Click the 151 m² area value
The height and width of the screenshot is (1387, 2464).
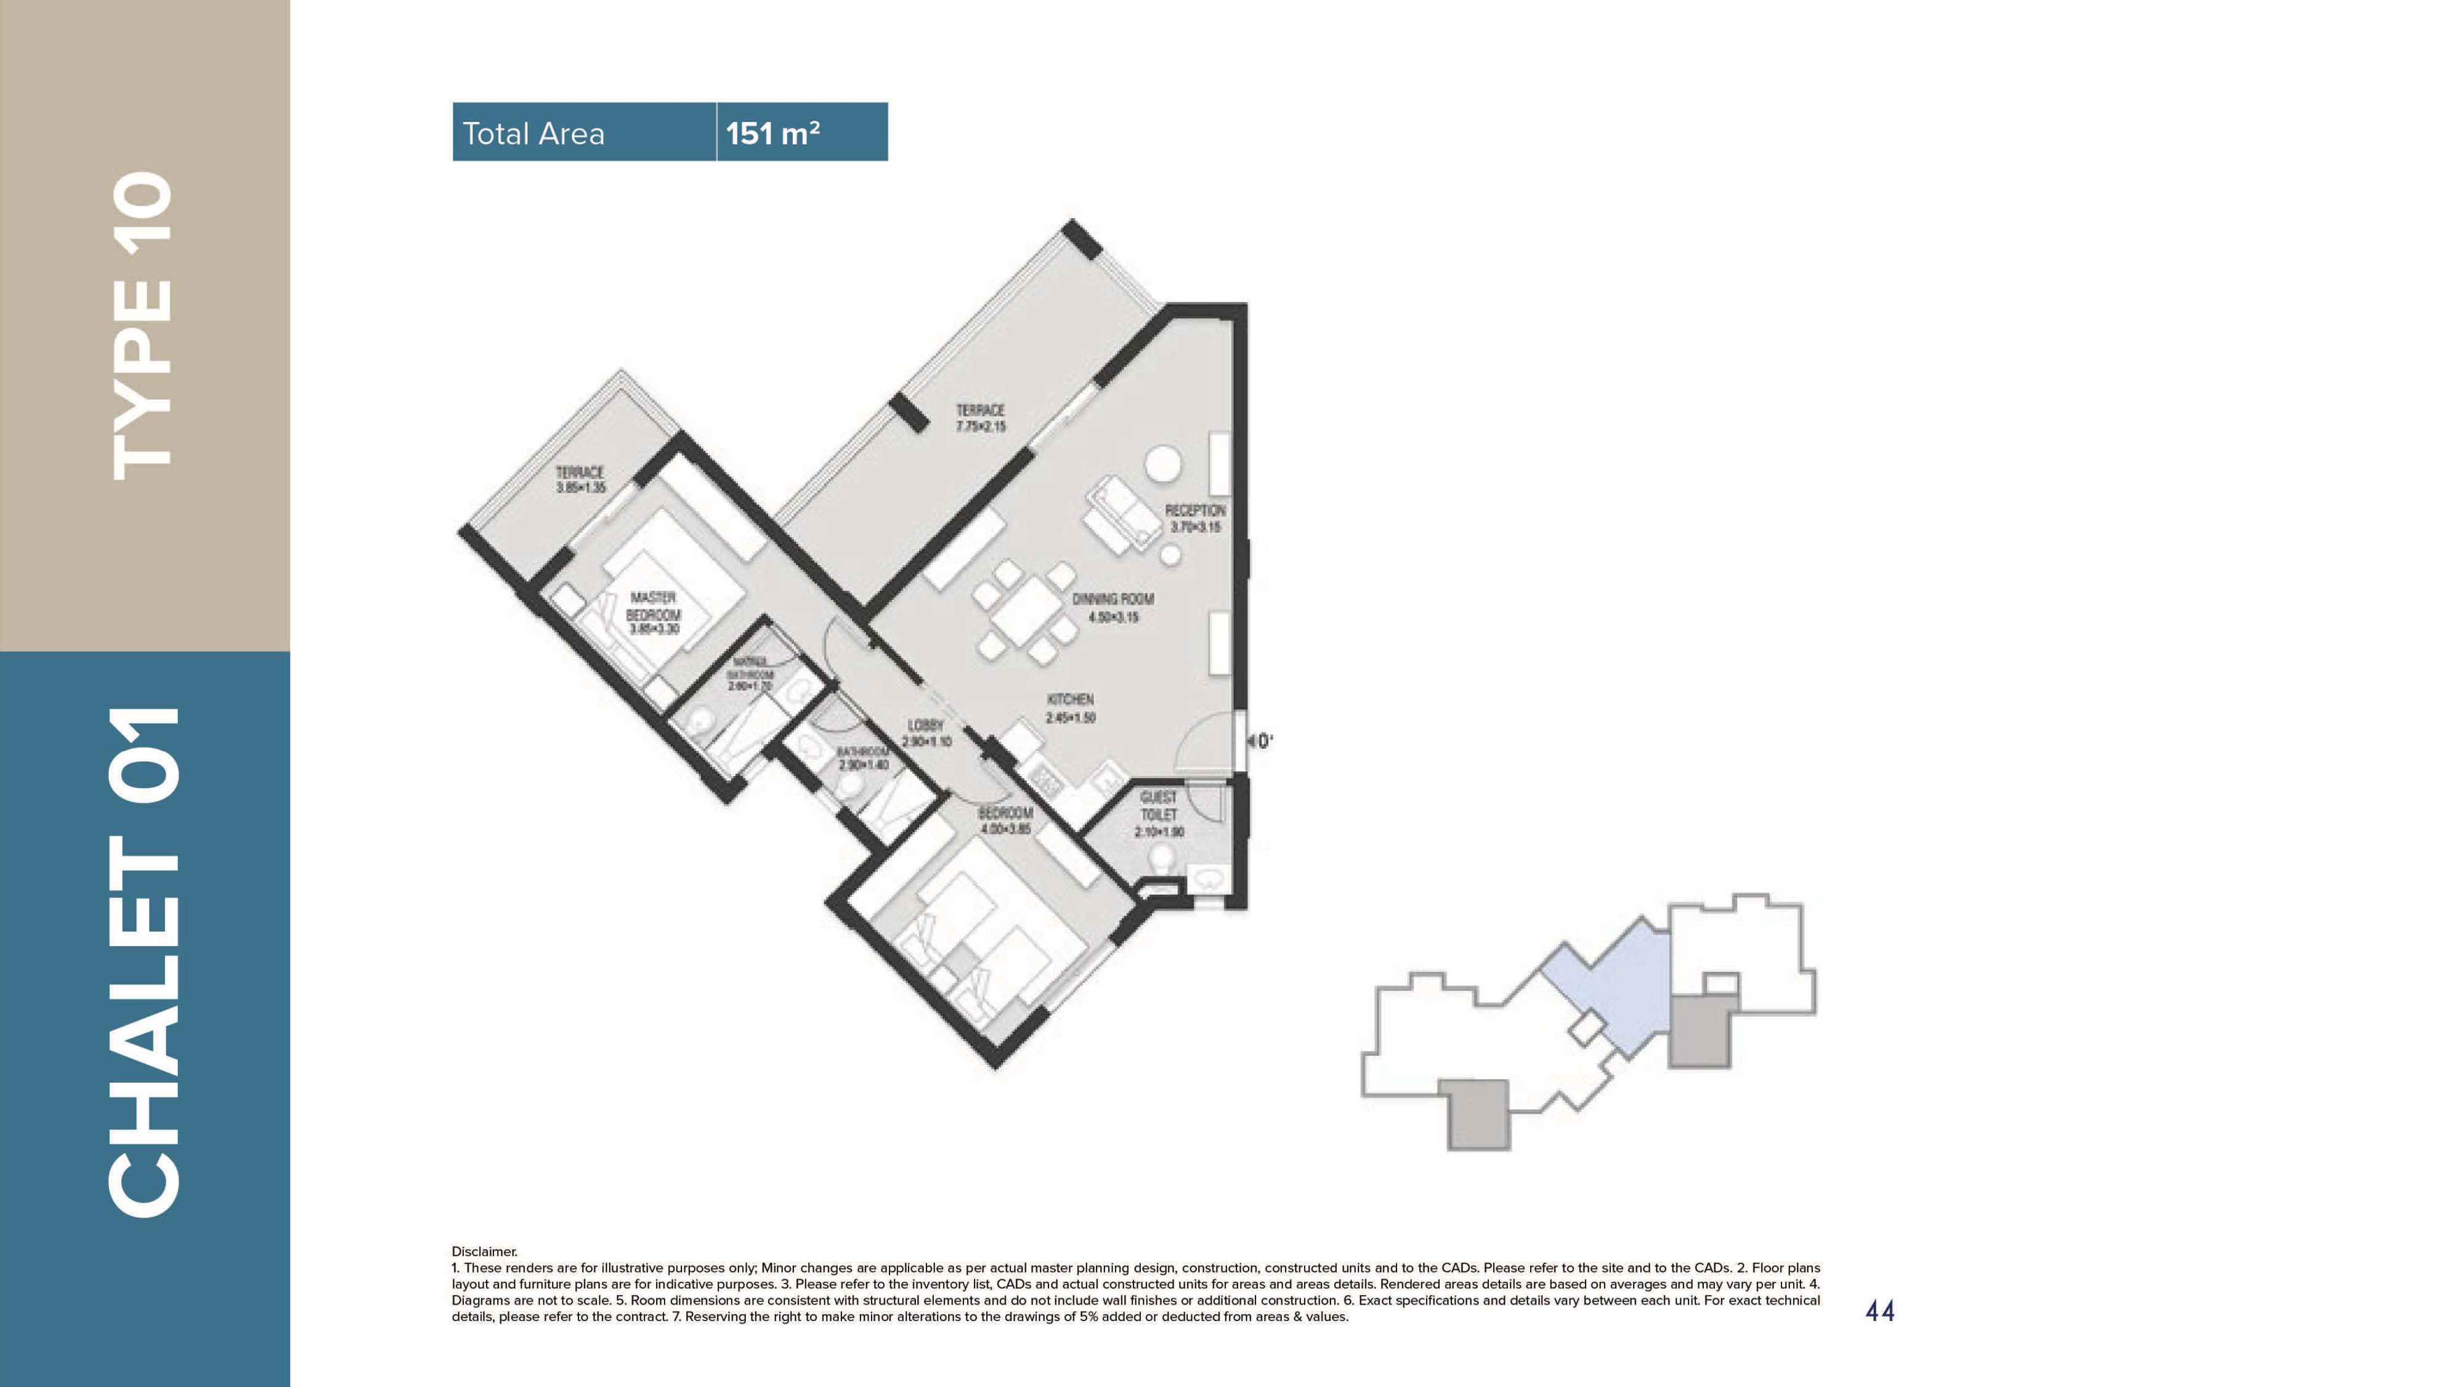[x=772, y=133]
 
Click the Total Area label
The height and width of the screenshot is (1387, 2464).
[x=533, y=133]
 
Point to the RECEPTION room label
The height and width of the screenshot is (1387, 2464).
[x=1194, y=517]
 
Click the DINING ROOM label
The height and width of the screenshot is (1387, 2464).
[x=1112, y=607]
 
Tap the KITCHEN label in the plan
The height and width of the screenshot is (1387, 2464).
[x=1069, y=708]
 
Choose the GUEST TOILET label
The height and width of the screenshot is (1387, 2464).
[x=1158, y=813]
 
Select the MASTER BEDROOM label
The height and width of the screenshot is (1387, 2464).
[x=654, y=612]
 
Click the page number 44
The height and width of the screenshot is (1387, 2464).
[x=1879, y=1311]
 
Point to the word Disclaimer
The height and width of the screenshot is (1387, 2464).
[x=484, y=1251]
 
